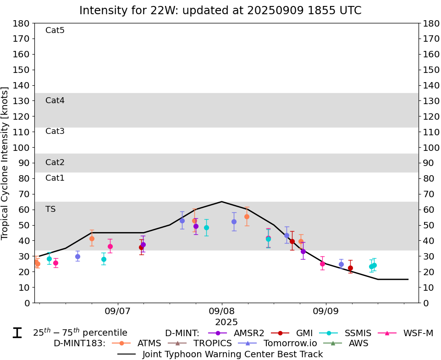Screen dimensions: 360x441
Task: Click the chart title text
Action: tap(220, 11)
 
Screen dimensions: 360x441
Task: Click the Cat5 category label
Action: tap(55, 31)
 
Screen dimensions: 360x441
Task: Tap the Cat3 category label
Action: tap(55, 132)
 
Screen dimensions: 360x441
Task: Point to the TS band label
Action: tap(50, 210)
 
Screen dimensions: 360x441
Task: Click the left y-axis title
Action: tap(6, 163)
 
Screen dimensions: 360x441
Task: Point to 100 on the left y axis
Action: tap(23, 148)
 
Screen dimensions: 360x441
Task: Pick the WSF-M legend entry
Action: tap(418, 333)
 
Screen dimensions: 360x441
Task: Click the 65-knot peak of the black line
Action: tap(222, 202)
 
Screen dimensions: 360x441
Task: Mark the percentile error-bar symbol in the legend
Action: tap(17, 333)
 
